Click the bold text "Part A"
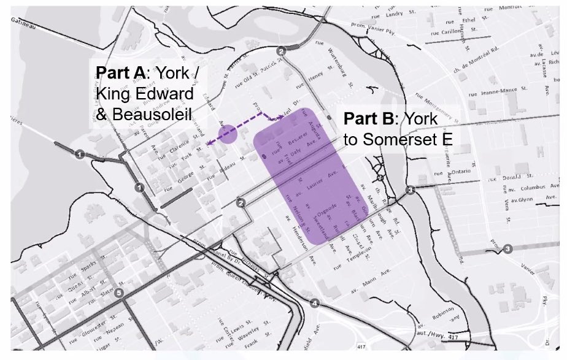120,72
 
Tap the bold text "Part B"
369,118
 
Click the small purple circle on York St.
228,134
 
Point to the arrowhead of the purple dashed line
208,144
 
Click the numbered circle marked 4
315,303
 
